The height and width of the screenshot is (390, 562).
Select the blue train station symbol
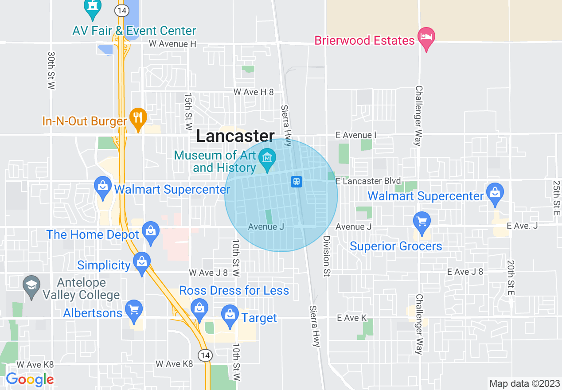click(296, 181)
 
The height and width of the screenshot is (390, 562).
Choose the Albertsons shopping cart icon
click(133, 309)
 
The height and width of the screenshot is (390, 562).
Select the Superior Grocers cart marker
click(421, 221)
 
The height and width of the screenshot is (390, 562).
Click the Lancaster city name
click(235, 136)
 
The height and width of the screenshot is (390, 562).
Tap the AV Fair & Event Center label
click(134, 31)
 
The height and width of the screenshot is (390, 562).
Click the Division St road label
click(327, 256)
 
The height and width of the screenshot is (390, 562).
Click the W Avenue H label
click(172, 43)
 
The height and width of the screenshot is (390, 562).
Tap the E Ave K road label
click(352, 318)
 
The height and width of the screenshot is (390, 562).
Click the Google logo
click(30, 379)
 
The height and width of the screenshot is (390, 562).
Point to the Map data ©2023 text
click(524, 383)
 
